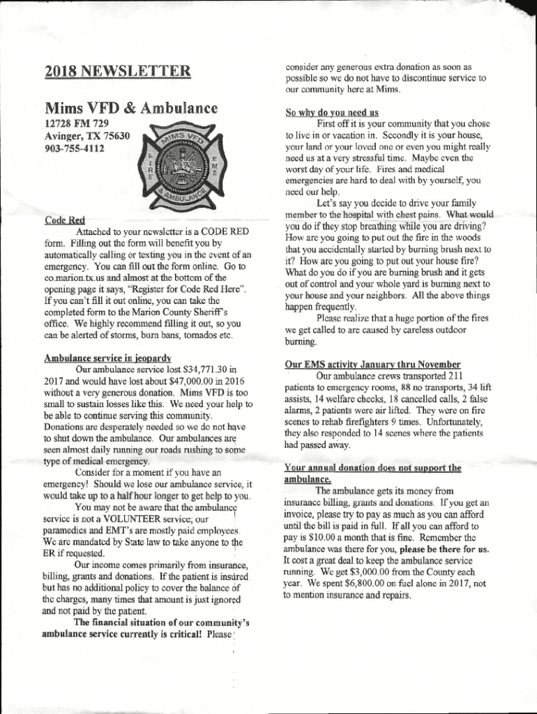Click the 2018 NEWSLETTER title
point(117,70)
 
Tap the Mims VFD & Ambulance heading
point(131,109)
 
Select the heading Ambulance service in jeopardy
point(108,358)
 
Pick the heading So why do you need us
point(332,112)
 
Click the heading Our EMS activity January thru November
point(372,364)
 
